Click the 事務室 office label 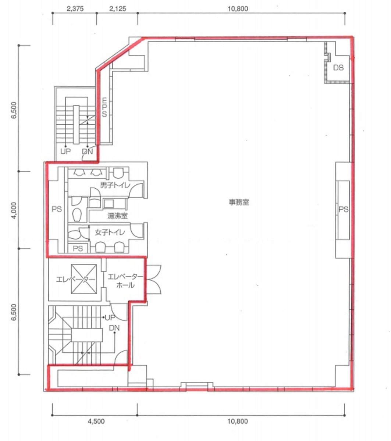pos(239,202)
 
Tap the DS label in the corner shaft pos(338,68)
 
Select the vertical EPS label pos(104,107)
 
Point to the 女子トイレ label pos(110,232)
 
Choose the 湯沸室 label pos(117,216)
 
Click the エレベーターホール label pos(125,281)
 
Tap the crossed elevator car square pos(84,279)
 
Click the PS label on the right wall pos(344,209)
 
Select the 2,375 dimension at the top pos(75,8)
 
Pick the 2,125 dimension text pos(118,8)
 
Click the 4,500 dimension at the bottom pos(96,421)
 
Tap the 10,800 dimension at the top pos(238,8)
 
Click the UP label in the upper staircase pos(65,151)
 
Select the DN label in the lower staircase pos(114,328)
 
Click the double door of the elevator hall pos(154,279)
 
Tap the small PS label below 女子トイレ pos(78,249)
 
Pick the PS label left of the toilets pos(57,209)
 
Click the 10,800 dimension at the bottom pos(238,421)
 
